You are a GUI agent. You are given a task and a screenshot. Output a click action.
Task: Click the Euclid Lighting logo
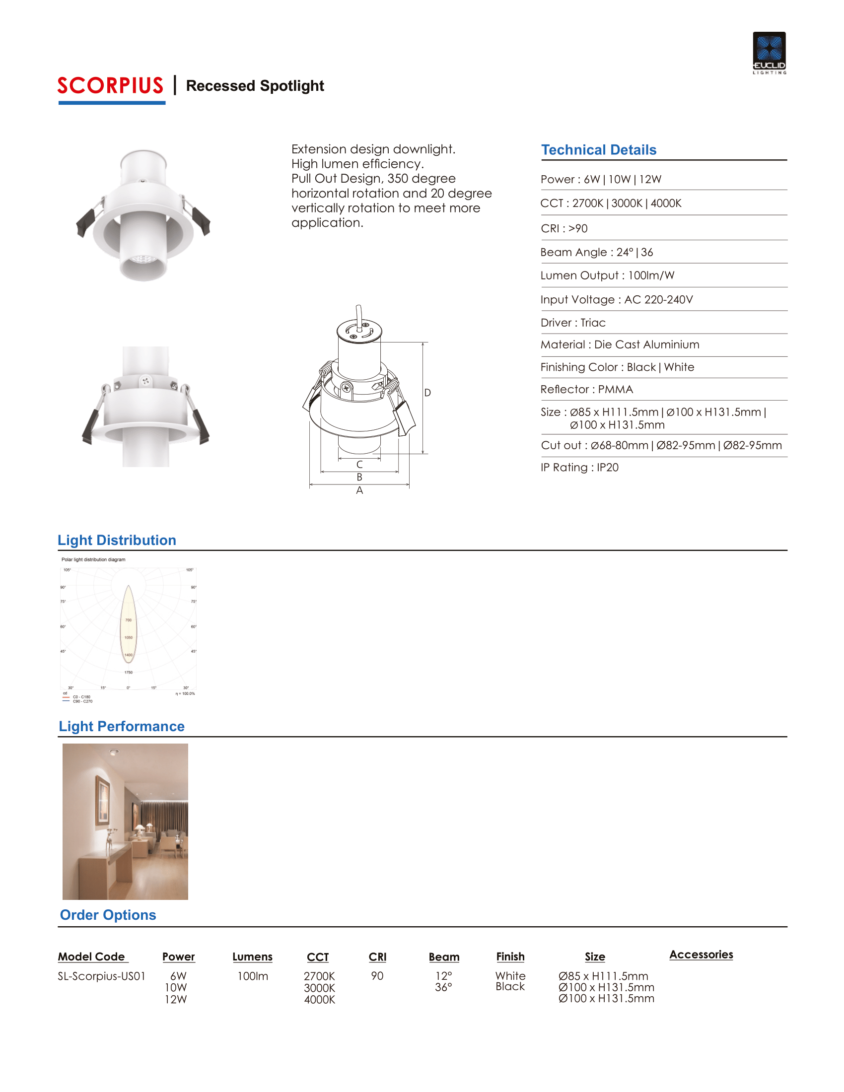769,53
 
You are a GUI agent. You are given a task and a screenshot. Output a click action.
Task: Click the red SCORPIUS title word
111,85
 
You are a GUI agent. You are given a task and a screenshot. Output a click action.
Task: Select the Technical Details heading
599,150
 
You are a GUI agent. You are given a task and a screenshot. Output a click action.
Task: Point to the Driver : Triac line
573,323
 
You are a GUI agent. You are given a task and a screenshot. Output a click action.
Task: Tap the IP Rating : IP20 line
579,468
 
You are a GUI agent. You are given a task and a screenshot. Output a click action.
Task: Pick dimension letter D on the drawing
427,393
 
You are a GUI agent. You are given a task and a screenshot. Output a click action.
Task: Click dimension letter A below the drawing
359,491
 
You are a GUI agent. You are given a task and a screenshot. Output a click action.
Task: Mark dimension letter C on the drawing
359,465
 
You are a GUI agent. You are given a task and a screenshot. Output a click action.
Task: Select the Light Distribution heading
117,540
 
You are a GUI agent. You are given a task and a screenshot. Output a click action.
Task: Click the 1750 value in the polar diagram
129,673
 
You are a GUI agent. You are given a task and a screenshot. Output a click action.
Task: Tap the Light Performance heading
122,727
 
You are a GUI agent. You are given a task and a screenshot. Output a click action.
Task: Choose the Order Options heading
108,915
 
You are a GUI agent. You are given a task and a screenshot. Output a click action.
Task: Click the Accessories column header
701,955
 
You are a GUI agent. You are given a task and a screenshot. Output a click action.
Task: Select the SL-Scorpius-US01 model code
101,976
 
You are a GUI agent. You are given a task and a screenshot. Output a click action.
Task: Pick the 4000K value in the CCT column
320,1000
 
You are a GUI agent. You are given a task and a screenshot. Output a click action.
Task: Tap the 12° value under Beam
443,976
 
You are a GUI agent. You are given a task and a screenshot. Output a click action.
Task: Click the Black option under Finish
510,986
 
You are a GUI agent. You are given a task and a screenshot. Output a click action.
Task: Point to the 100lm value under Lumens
253,976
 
